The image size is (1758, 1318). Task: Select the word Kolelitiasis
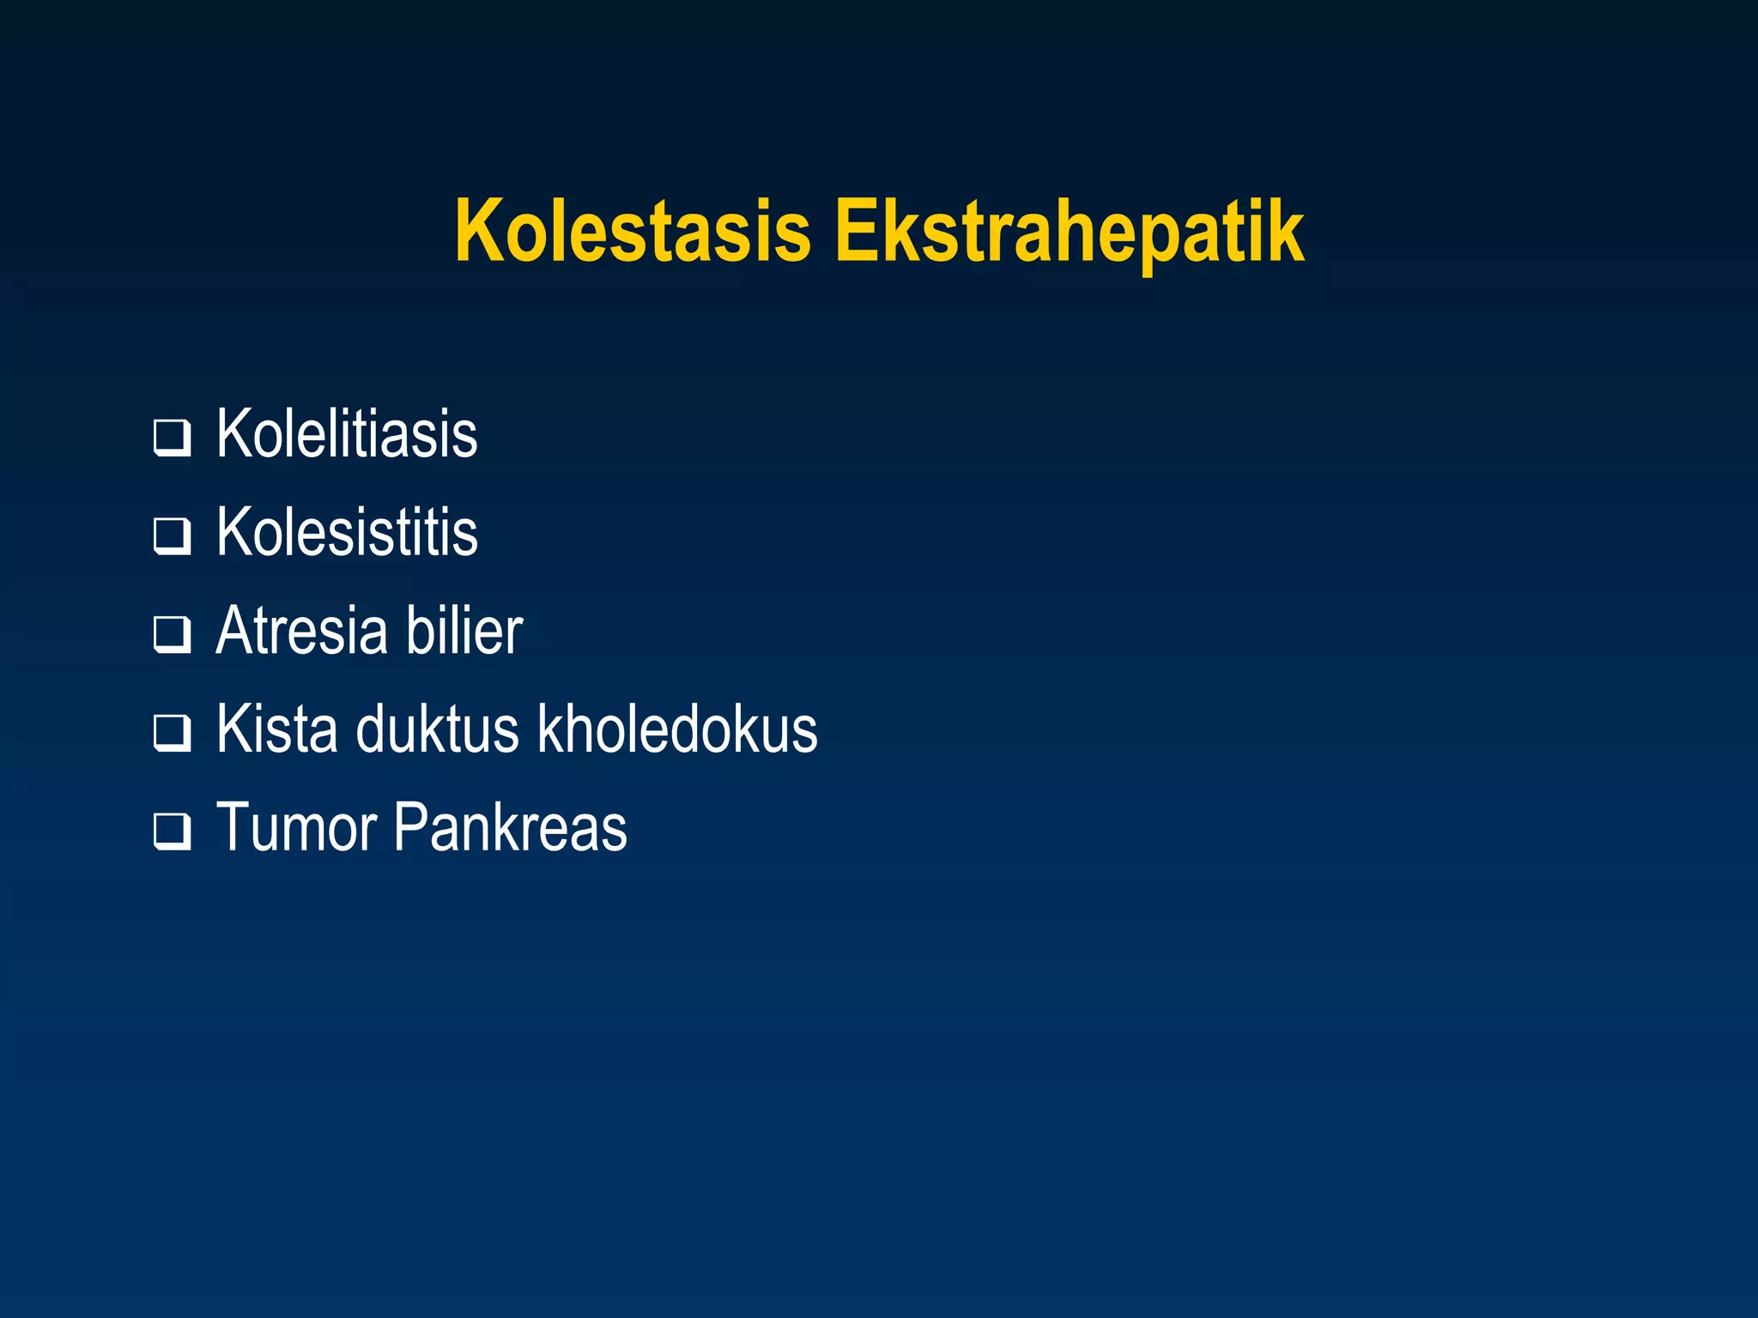point(347,435)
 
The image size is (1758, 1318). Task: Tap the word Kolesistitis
point(347,533)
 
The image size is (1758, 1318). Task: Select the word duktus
point(438,729)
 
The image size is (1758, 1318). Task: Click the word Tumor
point(297,828)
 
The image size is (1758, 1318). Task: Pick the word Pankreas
point(511,828)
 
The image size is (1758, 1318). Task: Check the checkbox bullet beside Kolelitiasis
point(172,438)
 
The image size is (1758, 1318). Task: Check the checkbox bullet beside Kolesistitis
point(172,537)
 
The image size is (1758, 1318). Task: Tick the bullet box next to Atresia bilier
point(172,636)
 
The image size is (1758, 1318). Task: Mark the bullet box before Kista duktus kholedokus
point(172,734)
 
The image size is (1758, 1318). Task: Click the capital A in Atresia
point(236,632)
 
